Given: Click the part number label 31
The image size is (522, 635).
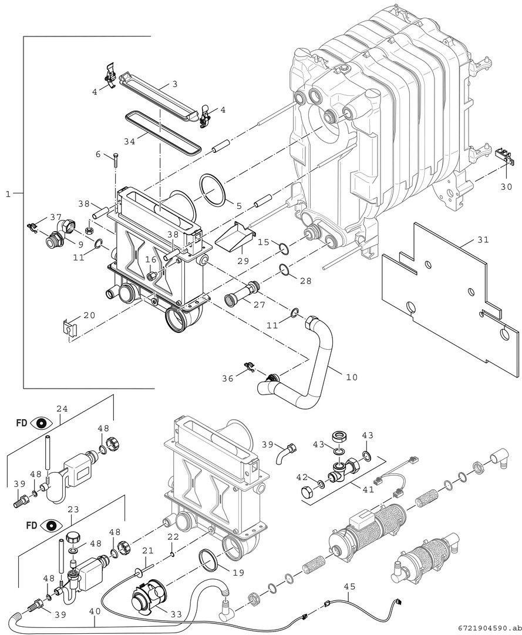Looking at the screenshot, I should pyautogui.click(x=483, y=240).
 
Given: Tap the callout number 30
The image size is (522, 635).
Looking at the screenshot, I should pyautogui.click(x=506, y=187).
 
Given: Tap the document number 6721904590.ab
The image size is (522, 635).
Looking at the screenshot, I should pyautogui.click(x=486, y=628).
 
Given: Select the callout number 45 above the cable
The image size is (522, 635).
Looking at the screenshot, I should pyautogui.click(x=349, y=586).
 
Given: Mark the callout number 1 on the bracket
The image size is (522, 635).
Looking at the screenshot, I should pyautogui.click(x=8, y=193).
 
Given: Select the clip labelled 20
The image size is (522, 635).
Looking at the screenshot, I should pyautogui.click(x=69, y=327).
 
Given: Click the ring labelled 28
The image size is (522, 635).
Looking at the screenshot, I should pyautogui.click(x=284, y=270).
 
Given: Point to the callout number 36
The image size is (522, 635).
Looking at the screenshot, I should pyautogui.click(x=227, y=379).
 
